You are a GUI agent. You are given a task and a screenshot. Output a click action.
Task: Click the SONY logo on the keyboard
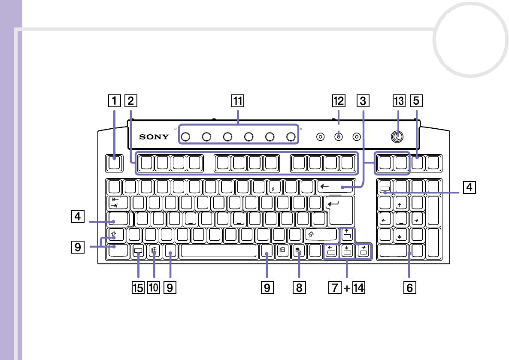point(154,137)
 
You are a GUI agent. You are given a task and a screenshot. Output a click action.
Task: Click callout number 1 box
point(114,101)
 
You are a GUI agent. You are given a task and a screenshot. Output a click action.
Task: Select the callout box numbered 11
point(237,101)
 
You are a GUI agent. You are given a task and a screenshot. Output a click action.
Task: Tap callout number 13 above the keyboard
point(398,101)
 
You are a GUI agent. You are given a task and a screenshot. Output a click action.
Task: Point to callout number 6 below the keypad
point(409,288)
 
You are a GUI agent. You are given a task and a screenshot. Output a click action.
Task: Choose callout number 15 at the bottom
point(138,288)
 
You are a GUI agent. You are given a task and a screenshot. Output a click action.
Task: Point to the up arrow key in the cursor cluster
point(347,235)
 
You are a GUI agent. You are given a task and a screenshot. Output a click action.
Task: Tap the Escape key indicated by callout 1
point(113,163)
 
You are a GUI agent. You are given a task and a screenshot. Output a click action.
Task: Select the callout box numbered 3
point(363,101)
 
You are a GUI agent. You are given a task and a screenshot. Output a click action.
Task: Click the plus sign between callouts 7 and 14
point(347,288)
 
